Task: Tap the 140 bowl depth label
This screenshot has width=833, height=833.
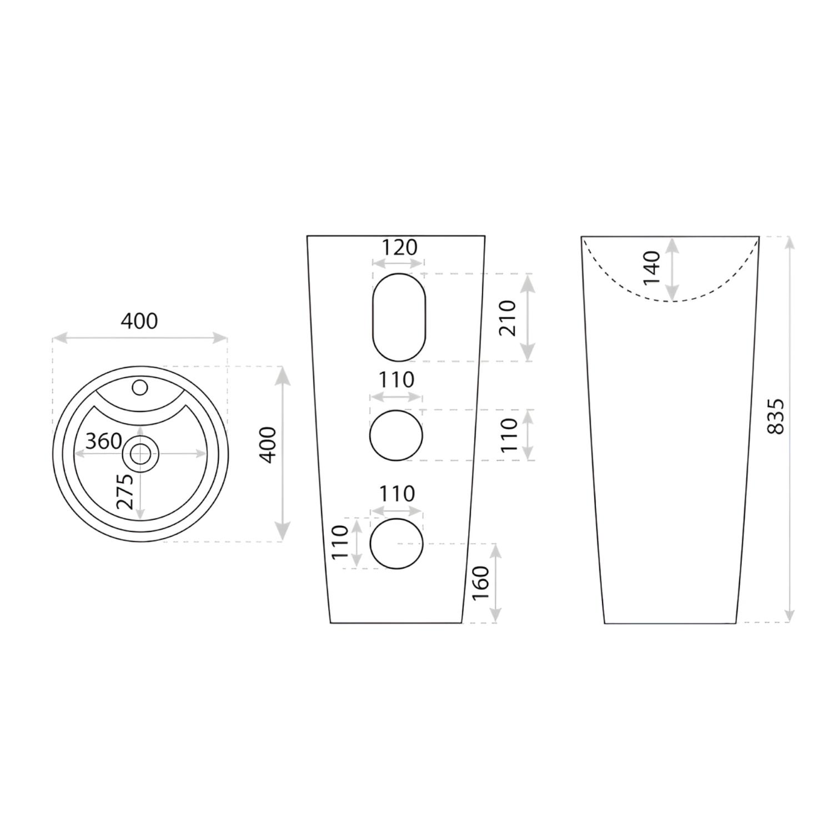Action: [653, 268]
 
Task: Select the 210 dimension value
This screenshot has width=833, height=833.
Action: [508, 318]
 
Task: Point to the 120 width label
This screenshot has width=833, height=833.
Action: [399, 247]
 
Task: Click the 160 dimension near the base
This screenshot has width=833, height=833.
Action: [480, 583]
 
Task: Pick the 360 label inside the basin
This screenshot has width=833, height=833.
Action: [104, 441]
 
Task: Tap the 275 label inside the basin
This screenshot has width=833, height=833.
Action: [125, 491]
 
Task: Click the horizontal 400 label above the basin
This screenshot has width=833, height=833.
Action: [139, 321]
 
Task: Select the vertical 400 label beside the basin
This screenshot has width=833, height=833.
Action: [268, 445]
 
